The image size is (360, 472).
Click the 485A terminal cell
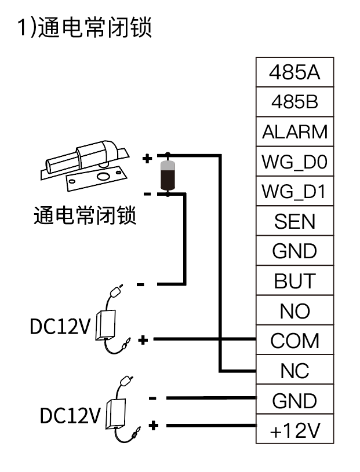[x=294, y=72]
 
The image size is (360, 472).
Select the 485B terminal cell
[x=294, y=102]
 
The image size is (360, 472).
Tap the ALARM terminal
[x=294, y=132]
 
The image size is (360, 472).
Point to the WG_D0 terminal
[x=294, y=162]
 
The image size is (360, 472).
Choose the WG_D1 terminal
[x=294, y=191]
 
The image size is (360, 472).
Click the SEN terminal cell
[x=294, y=221]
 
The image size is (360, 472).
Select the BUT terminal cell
[x=294, y=281]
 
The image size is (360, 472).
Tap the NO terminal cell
[x=294, y=311]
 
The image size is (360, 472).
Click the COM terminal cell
[x=294, y=341]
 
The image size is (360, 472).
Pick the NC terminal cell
[x=294, y=371]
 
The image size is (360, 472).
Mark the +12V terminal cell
[x=294, y=430]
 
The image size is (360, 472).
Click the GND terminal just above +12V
[x=294, y=400]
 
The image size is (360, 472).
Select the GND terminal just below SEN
[x=294, y=251]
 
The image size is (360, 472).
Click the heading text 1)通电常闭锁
[x=85, y=28]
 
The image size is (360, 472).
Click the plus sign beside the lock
[x=147, y=158]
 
